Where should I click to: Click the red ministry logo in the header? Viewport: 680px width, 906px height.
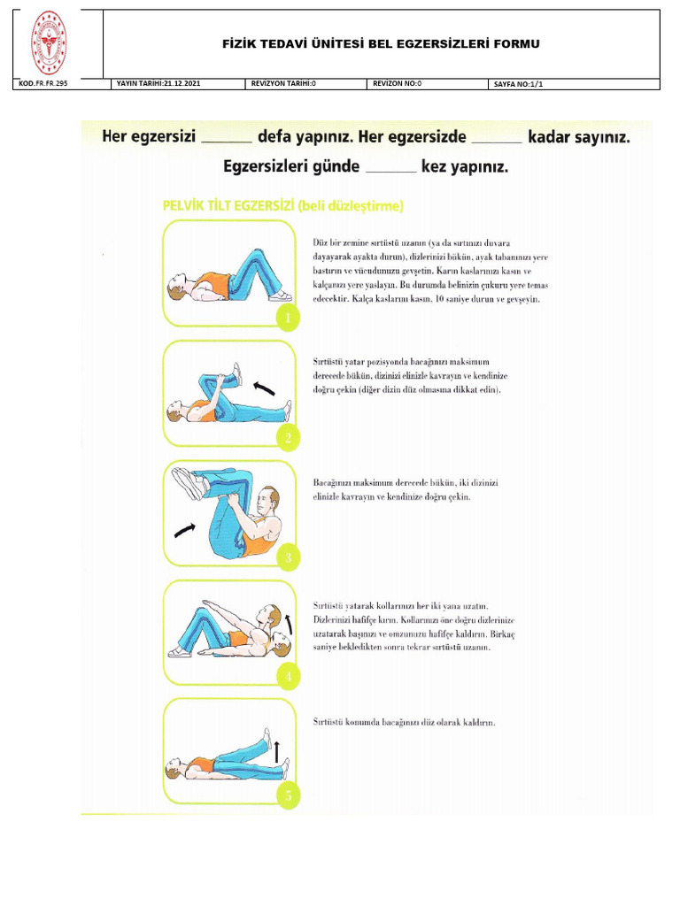[50, 43]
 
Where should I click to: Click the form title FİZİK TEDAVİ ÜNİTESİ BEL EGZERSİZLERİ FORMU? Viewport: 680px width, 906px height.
[381, 43]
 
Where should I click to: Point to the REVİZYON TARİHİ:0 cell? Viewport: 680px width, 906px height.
[283, 84]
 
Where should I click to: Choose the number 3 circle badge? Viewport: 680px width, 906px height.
[286, 557]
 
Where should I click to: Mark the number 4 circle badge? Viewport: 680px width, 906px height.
[287, 677]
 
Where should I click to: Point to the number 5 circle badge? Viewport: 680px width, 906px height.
[287, 795]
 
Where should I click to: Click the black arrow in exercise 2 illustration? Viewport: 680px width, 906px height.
[264, 387]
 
